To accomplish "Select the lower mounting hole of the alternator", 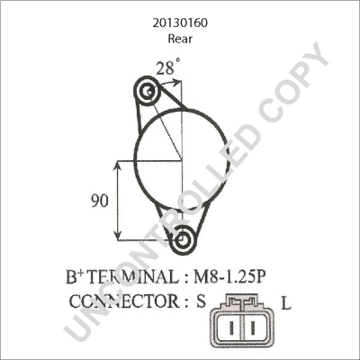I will point(184,240).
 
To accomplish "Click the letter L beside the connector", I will point(285,304).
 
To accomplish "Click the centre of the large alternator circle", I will point(182,160).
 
